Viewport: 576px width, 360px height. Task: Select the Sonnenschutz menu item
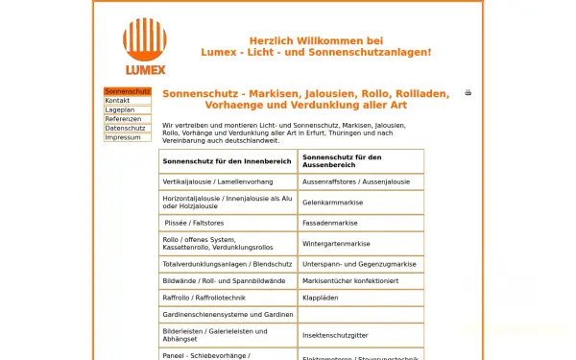point(128,91)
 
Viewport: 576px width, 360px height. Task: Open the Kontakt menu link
point(117,101)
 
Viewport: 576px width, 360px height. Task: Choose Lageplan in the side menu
point(119,109)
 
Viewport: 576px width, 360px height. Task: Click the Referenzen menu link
point(123,119)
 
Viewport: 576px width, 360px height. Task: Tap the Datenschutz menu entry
point(125,128)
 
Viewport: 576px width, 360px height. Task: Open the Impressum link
point(122,137)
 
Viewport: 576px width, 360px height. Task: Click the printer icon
point(468,93)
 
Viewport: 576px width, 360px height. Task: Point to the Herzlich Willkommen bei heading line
point(316,41)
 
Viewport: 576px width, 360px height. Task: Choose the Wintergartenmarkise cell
point(336,244)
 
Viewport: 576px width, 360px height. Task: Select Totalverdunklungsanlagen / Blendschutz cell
point(227,264)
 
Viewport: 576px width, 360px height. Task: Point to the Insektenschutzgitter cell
point(335,335)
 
